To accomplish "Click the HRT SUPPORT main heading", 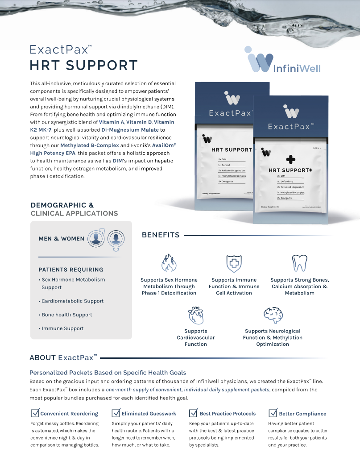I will (x=83, y=65).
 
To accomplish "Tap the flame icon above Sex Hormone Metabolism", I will (x=169, y=263).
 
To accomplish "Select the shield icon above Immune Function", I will (x=234, y=263).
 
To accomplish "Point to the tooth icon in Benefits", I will (x=299, y=263).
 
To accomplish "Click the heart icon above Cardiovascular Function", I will (x=196, y=315).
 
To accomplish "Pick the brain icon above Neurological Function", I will (x=273, y=315).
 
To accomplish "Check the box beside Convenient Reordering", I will (x=34, y=413).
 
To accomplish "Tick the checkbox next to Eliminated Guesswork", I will (x=116, y=413).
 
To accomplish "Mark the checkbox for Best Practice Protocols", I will (x=194, y=413).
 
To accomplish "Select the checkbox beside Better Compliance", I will (x=273, y=413).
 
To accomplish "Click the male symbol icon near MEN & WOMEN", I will (x=96, y=237).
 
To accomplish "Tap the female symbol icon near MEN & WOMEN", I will (x=116, y=239).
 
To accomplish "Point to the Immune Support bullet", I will (x=62, y=328).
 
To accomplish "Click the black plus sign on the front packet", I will (x=291, y=159).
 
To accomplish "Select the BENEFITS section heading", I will (x=161, y=235).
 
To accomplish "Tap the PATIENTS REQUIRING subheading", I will (x=71, y=270).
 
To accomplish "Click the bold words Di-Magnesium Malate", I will (x=130, y=129).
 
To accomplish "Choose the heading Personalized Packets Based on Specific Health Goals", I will (x=108, y=373).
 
